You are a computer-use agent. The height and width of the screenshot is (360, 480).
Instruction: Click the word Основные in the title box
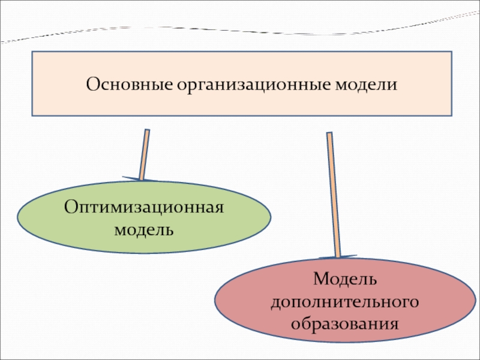point(127,83)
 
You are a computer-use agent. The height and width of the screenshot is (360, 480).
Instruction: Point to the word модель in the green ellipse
point(145,229)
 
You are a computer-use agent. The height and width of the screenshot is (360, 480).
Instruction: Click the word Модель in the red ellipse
point(344,280)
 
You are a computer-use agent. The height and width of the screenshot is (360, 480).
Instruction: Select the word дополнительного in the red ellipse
point(344,302)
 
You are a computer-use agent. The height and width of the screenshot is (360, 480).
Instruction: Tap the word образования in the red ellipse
point(344,324)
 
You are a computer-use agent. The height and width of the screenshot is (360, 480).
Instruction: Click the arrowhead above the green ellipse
point(140,179)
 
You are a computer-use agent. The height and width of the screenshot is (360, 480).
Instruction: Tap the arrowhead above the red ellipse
point(338,257)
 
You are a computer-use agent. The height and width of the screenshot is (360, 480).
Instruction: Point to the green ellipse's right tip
point(271,217)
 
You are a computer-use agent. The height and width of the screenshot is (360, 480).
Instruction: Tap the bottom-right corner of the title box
point(451,115)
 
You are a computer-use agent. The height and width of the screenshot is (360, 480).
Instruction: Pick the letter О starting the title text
point(92,83)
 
